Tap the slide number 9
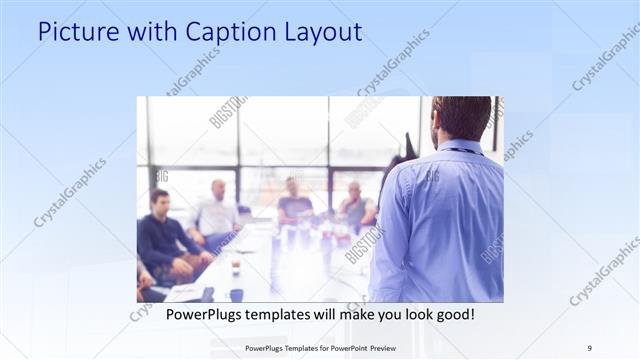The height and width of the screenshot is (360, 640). coord(589,347)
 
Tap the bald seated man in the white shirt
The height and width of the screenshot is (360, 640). coord(217,210)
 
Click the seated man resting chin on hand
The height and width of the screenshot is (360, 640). coord(354,205)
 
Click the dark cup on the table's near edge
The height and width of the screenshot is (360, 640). coord(236,294)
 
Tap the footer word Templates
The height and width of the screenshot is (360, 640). coord(300,347)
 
